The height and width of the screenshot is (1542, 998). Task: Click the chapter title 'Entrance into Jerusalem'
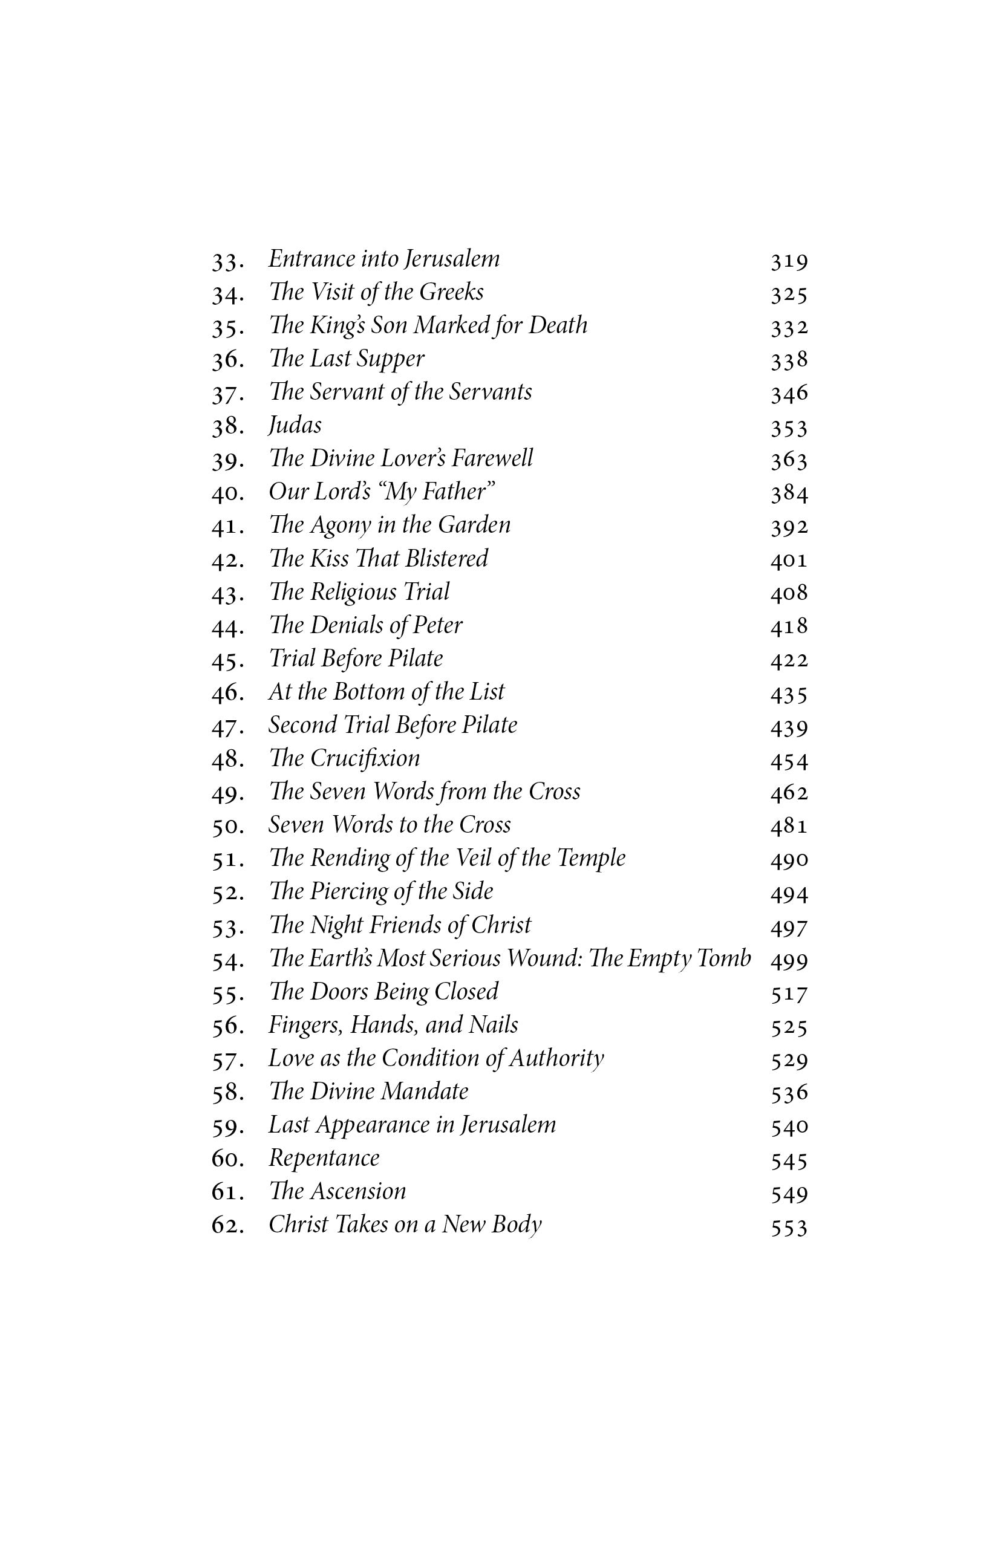(383, 259)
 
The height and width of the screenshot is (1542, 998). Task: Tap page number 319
(789, 262)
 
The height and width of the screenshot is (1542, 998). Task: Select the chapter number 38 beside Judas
(227, 427)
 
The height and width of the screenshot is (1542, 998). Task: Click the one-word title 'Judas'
(295, 426)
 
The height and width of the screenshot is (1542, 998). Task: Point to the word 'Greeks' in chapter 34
(451, 292)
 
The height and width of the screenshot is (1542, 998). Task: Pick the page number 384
(789, 495)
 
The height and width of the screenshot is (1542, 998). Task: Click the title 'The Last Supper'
(347, 359)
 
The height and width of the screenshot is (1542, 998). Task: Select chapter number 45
(227, 660)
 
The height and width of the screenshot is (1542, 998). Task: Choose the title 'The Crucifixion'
(344, 759)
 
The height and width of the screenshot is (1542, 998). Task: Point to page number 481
(789, 827)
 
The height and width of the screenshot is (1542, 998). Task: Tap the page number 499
(789, 960)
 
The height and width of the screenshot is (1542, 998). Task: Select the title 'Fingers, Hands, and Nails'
(393, 1025)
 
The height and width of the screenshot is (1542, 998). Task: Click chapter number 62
(227, 1226)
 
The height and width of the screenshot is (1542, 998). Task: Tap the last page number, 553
(789, 1228)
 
